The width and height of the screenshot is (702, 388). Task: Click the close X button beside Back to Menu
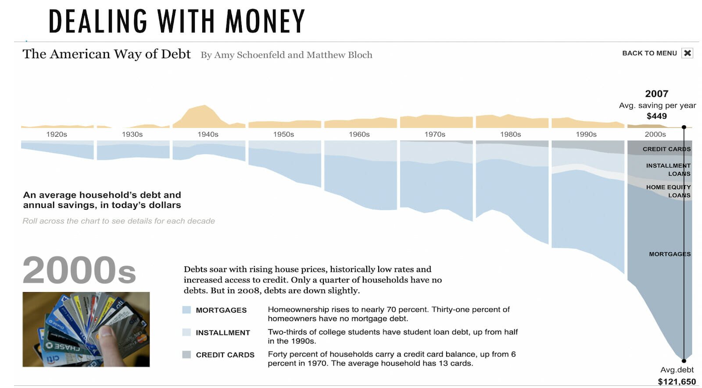coord(687,53)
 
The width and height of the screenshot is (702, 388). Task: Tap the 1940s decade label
coord(208,134)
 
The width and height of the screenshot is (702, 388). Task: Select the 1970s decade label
coord(435,134)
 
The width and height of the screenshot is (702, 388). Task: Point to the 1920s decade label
coord(57,134)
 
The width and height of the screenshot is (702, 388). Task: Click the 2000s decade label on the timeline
coord(655,134)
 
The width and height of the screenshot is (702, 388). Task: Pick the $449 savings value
coord(656,116)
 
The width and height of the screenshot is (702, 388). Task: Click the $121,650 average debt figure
coord(677,381)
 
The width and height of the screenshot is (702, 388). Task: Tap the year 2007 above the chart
coord(656,94)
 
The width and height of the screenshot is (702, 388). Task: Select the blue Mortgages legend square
coord(186,310)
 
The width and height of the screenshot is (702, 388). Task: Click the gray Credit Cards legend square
coord(186,355)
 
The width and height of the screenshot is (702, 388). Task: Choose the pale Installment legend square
coord(186,332)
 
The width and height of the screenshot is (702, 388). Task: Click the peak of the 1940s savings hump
coord(204,106)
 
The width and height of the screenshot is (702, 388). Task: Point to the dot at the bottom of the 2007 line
coord(684,361)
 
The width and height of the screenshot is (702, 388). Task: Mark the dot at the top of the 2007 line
coord(684,127)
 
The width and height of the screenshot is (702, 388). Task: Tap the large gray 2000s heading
coord(79,270)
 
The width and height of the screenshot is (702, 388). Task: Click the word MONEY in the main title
coord(265,21)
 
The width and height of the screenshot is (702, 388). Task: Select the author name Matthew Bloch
coord(339,55)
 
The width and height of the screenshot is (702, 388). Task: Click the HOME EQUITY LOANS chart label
coord(668,191)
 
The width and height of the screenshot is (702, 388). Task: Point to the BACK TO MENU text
coord(649,53)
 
